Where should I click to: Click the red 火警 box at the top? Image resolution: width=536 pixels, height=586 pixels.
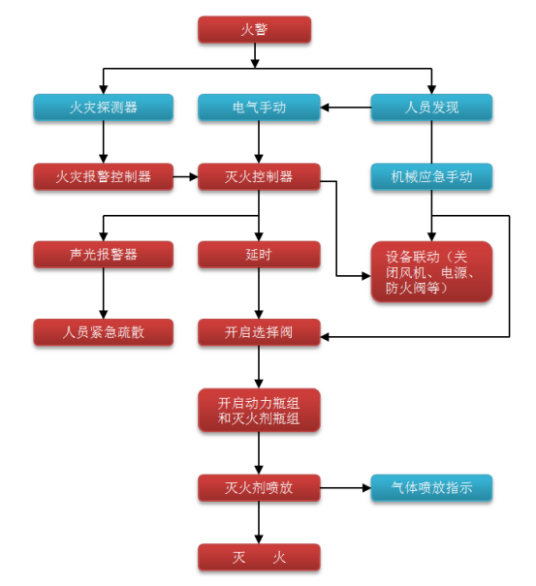[x=255, y=30]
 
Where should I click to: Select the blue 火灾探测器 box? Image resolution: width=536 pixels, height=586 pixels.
[x=103, y=108]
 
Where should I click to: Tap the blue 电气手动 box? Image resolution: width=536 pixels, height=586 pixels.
[x=258, y=108]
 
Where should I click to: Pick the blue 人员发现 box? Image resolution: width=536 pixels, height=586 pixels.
[x=431, y=108]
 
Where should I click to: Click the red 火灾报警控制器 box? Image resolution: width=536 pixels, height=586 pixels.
[x=103, y=176]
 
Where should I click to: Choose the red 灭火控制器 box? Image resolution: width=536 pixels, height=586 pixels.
[x=258, y=176]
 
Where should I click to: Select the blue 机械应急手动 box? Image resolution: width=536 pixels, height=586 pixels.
[x=431, y=176]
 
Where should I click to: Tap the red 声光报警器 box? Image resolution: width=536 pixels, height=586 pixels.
[x=103, y=255]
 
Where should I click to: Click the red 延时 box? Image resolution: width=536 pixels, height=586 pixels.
[x=258, y=255]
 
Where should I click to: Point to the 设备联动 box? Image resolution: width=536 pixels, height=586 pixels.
[x=431, y=271]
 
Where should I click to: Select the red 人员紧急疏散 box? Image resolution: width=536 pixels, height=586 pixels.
[x=103, y=332]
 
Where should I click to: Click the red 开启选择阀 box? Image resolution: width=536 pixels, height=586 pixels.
[x=258, y=332]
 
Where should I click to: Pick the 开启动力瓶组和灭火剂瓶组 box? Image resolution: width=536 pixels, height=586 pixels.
[x=258, y=410]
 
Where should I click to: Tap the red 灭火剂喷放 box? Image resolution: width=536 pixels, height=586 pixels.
[x=258, y=488]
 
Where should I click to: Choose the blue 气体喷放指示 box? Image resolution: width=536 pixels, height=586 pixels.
[x=431, y=488]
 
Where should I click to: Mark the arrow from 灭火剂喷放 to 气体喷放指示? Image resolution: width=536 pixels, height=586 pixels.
[x=345, y=488]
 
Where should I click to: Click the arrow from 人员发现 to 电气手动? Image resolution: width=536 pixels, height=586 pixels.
[x=345, y=108]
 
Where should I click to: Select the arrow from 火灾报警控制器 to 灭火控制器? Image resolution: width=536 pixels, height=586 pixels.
[x=186, y=176]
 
